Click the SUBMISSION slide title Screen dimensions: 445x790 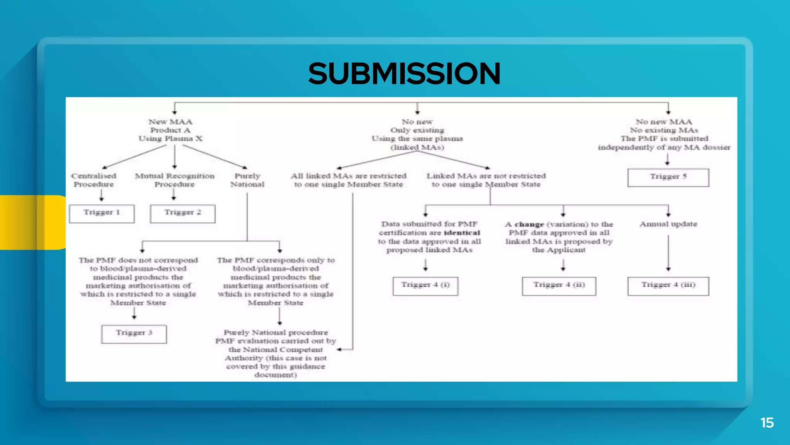(x=404, y=74)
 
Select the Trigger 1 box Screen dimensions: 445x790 (x=102, y=213)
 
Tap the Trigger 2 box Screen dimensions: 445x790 (x=182, y=213)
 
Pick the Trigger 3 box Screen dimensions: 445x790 (x=134, y=334)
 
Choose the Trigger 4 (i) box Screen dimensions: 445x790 (x=425, y=286)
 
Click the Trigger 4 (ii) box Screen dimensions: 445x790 (x=559, y=286)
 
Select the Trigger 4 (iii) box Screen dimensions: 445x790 (x=668, y=286)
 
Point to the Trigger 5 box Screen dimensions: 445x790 (x=668, y=177)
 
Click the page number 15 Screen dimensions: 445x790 (x=767, y=423)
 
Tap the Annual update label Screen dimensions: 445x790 (x=668, y=224)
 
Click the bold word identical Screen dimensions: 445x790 (x=462, y=233)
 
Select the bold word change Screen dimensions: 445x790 (x=529, y=224)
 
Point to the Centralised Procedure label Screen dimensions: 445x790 (x=94, y=180)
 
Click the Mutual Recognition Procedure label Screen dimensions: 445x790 (x=174, y=180)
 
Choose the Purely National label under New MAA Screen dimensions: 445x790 (x=247, y=180)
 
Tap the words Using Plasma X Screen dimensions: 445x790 (x=170, y=139)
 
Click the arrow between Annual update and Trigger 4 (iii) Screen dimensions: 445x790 (x=668, y=253)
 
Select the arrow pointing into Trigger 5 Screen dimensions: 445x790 (x=667, y=159)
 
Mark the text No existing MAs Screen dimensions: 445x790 (x=664, y=130)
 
